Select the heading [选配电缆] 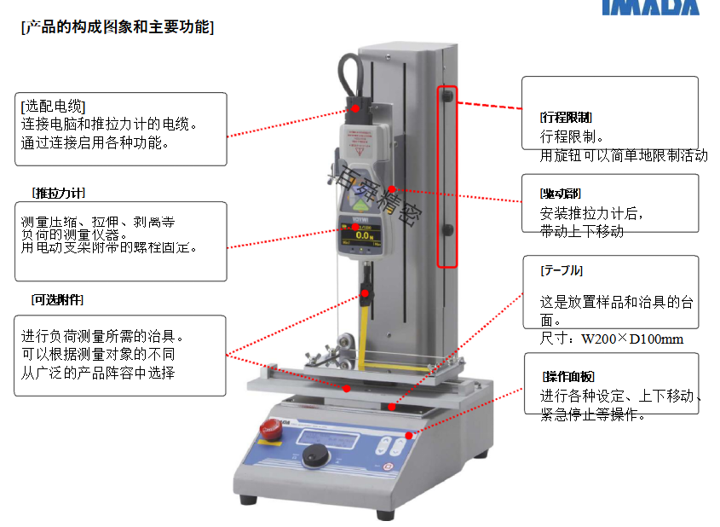tap(53, 107)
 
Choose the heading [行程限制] tap(566, 118)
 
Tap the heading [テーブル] tap(562, 270)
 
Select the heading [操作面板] tap(567, 376)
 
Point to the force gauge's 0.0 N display tap(364, 235)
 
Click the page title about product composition tap(117, 27)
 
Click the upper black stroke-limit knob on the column tap(446, 96)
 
